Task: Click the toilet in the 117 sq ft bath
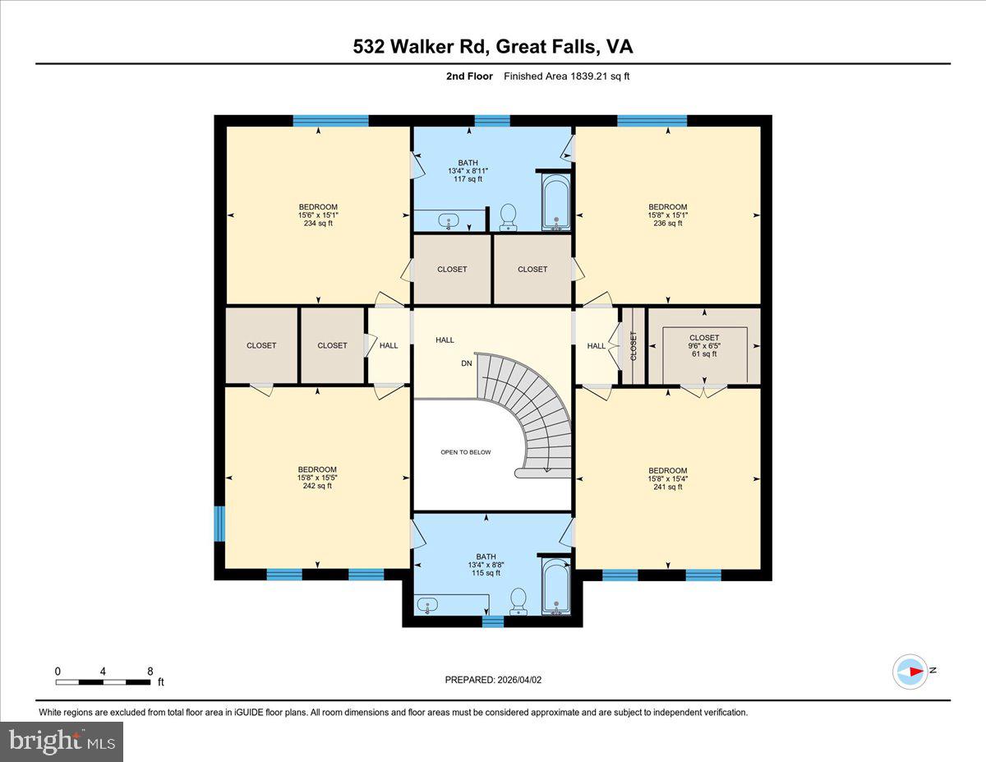(508, 216)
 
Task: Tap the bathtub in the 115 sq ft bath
(556, 587)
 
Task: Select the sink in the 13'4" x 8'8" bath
(427, 607)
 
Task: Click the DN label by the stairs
(466, 363)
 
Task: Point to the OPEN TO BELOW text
(466, 452)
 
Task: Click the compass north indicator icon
(910, 671)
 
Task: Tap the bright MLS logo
(62, 741)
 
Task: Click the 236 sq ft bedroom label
(667, 215)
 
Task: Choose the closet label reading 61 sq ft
(704, 345)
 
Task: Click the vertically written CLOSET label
(634, 345)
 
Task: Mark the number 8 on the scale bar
(150, 671)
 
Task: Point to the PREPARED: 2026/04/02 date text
(493, 680)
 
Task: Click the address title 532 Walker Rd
(493, 47)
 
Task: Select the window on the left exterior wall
(219, 524)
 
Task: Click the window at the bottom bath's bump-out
(492, 621)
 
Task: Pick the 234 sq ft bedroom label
(317, 215)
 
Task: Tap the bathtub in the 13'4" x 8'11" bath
(556, 202)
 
